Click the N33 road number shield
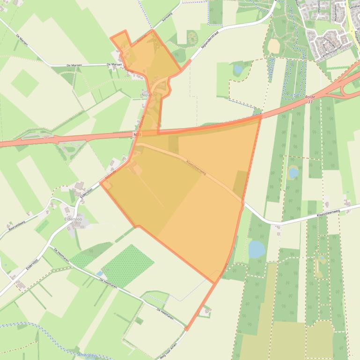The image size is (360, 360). [136, 134]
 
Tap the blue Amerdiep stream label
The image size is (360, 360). [88, 355]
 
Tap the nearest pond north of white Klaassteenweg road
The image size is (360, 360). [294, 173]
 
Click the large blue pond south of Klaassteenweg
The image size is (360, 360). [256, 249]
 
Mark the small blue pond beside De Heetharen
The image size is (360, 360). [99, 274]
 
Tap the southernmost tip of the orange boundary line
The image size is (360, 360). [186, 330]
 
